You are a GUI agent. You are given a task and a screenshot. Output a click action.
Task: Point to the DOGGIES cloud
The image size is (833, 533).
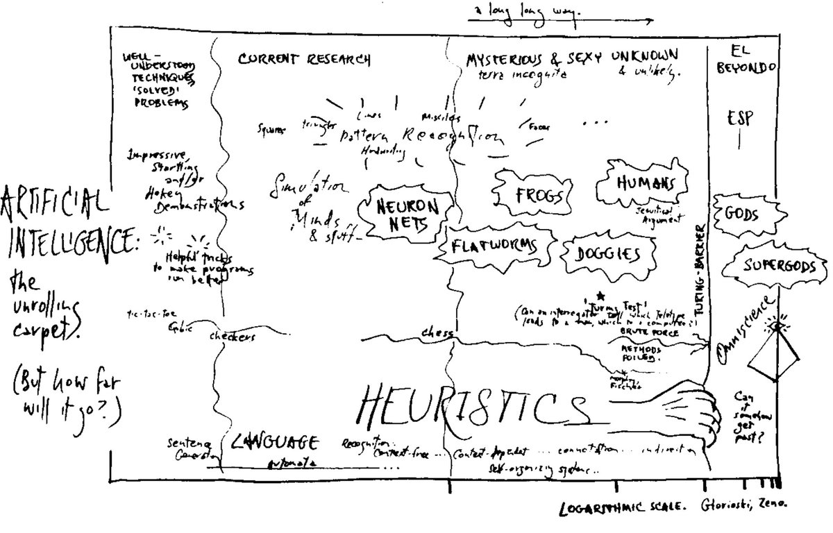pyautogui.click(x=607, y=255)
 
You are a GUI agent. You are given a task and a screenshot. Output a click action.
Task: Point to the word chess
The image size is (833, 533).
pyautogui.click(x=436, y=334)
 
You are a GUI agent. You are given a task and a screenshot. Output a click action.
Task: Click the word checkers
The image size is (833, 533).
pyautogui.click(x=233, y=337)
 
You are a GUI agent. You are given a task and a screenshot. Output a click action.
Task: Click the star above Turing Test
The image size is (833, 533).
pyautogui.click(x=600, y=296)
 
